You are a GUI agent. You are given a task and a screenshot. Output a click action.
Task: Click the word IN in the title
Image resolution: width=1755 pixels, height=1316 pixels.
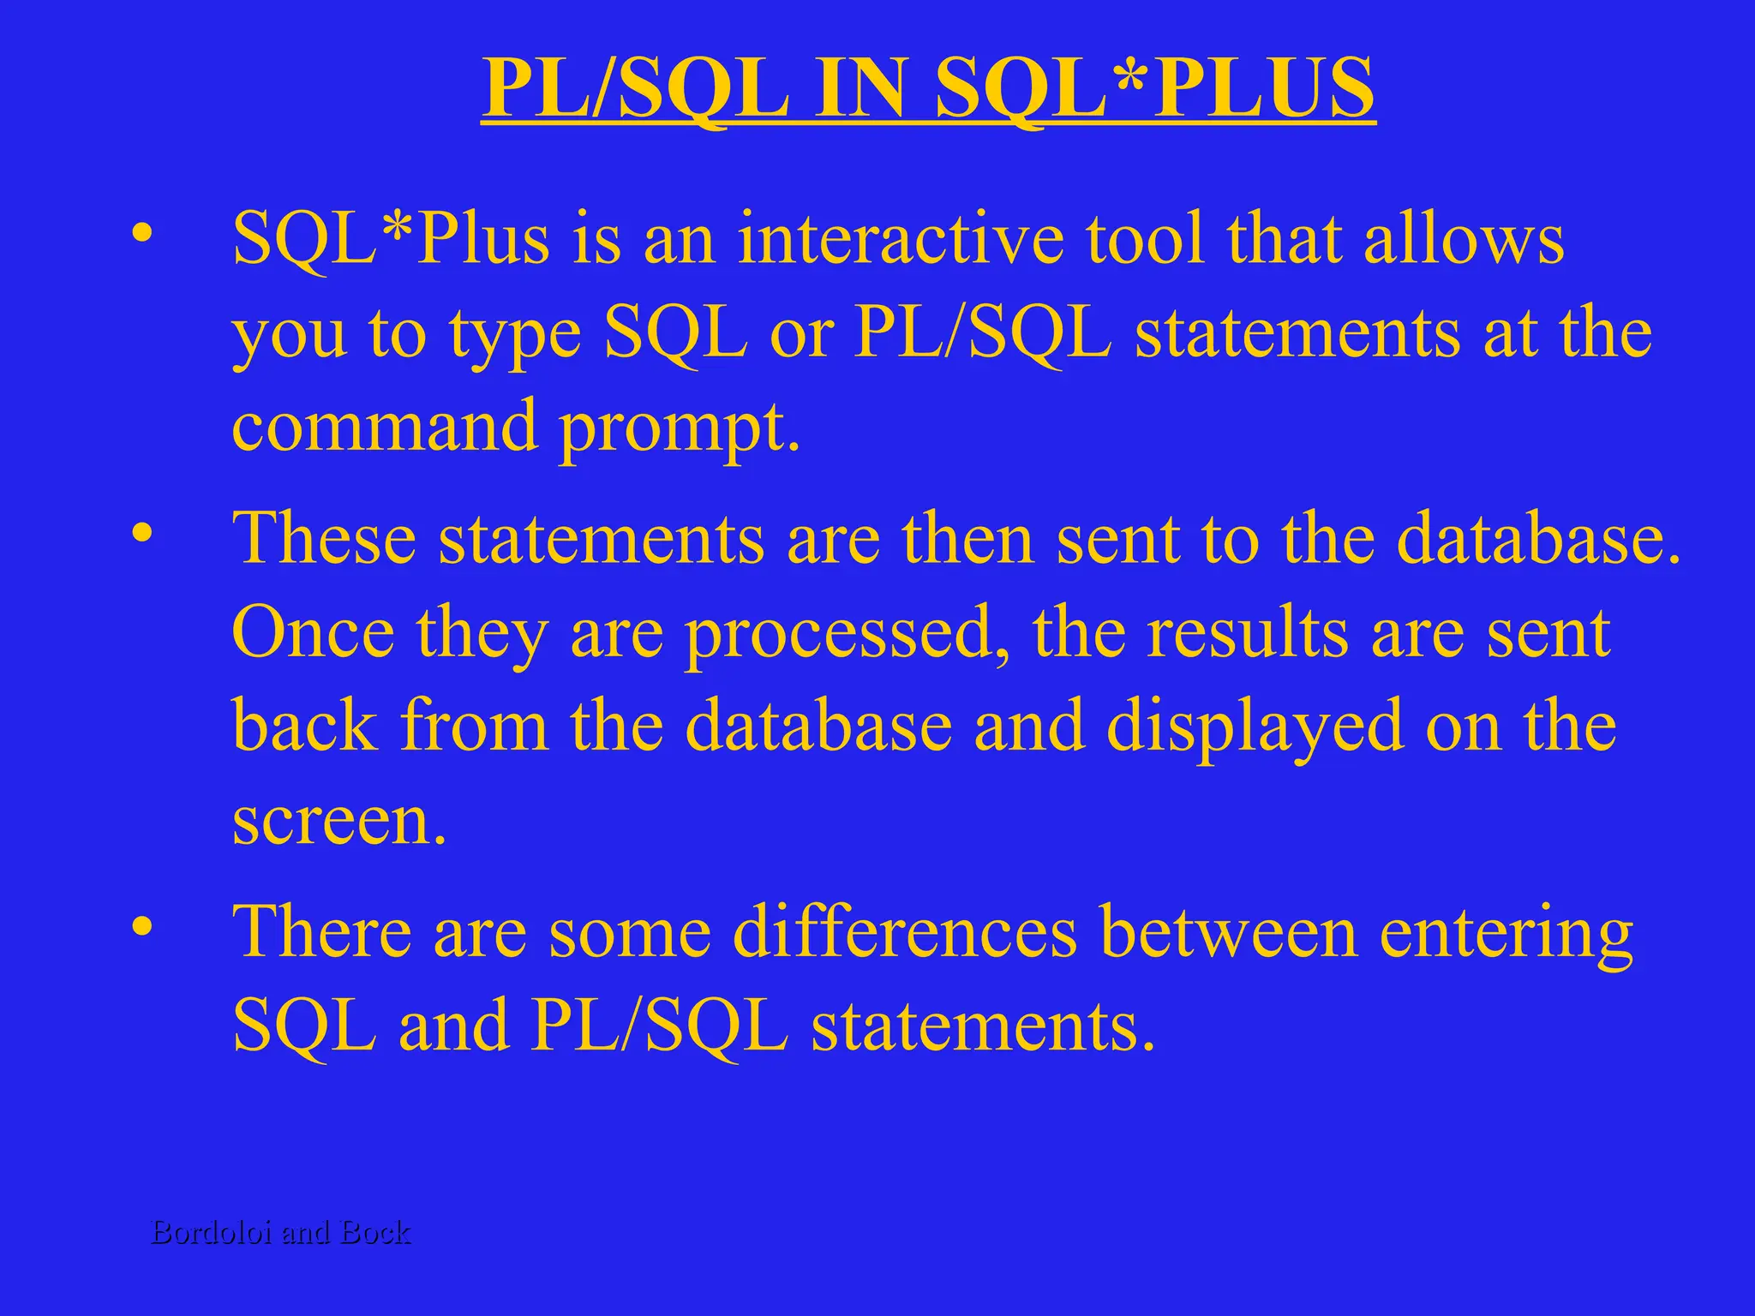tap(860, 88)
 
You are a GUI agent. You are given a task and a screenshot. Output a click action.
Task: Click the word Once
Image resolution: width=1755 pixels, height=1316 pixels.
tap(314, 633)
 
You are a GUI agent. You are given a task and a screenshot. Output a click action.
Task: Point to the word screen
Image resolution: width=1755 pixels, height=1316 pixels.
tap(339, 821)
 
